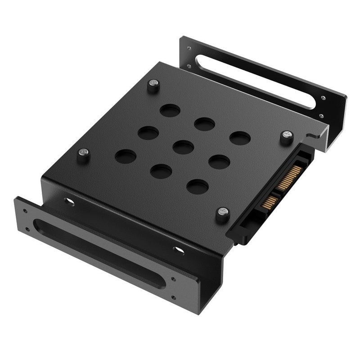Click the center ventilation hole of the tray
pyautogui.click(x=183, y=147)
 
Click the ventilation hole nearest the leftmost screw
pyautogui.click(x=126, y=157)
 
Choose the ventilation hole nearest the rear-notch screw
pyautogui.click(x=240, y=138)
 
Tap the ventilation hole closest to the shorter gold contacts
pyautogui.click(x=198, y=186)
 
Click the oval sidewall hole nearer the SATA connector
pyautogui.click(x=179, y=249)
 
